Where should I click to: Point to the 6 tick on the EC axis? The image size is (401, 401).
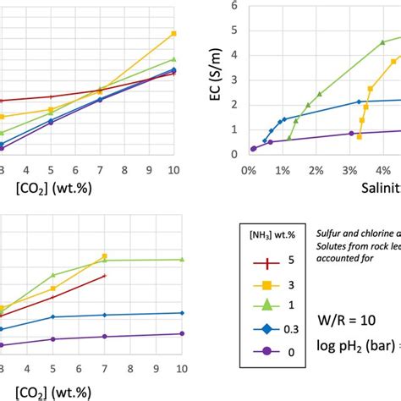233,6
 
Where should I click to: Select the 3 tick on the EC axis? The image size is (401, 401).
233,80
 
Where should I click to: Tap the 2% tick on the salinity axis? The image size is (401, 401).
316,169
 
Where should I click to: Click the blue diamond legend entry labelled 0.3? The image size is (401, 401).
263,327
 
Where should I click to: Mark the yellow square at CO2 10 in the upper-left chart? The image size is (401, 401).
173,34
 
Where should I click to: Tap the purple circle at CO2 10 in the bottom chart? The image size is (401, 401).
181,333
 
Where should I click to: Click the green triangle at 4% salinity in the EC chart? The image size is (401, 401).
382,41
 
